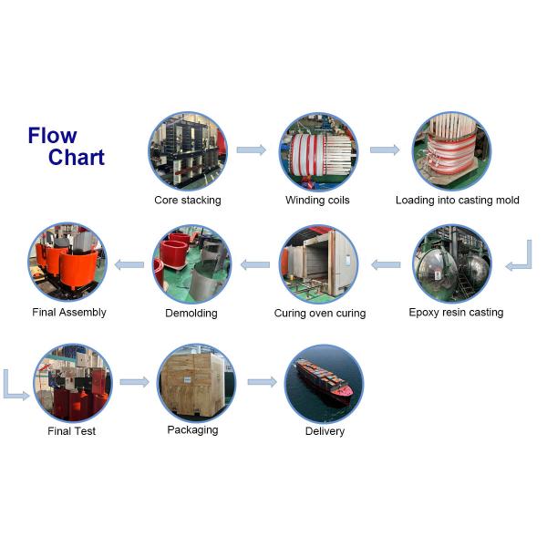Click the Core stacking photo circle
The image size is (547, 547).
pyautogui.click(x=187, y=150)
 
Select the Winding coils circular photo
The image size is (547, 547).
pyautogui.click(x=317, y=150)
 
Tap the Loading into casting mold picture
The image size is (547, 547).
pyautogui.click(x=452, y=150)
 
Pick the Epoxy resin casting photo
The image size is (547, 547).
pyautogui.click(x=452, y=264)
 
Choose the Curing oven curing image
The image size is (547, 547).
pyautogui.click(x=318, y=264)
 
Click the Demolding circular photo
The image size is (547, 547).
pyautogui.click(x=191, y=264)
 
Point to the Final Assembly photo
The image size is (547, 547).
pyautogui.click(x=67, y=263)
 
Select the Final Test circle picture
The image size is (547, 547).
pyautogui.click(x=72, y=382)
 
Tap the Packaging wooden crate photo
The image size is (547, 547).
pyautogui.click(x=191, y=381)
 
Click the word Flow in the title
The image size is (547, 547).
pyautogui.click(x=52, y=137)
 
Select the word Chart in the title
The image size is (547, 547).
pyautogui.click(x=77, y=158)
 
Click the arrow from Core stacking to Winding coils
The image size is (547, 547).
pyautogui.click(x=251, y=150)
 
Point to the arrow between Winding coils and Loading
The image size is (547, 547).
pyautogui.click(x=384, y=150)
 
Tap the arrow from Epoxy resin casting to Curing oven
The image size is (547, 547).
pyautogui.click(x=386, y=265)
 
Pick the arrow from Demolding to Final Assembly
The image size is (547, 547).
pyautogui.click(x=129, y=265)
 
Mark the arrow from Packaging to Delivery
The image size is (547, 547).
pyautogui.click(x=262, y=381)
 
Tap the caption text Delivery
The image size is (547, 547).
pyautogui.click(x=325, y=431)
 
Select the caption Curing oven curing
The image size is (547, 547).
pyautogui.click(x=319, y=314)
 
